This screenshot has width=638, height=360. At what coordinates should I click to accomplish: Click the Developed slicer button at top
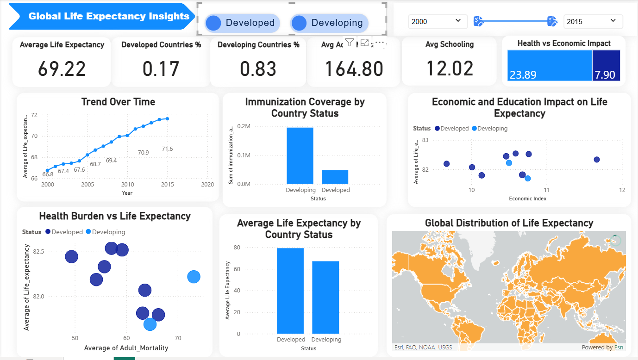pyautogui.click(x=243, y=23)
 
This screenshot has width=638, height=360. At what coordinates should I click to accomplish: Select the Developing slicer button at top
pyautogui.click(x=329, y=23)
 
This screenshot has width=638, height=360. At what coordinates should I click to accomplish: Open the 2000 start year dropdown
pyautogui.click(x=435, y=21)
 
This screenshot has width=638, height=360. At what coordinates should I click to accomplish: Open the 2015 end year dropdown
pyautogui.click(x=593, y=21)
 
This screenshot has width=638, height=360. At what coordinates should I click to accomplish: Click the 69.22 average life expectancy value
pyautogui.click(x=62, y=69)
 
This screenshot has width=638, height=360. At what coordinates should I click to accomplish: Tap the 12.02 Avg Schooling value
pyautogui.click(x=450, y=68)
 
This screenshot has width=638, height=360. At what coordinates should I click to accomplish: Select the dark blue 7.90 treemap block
pyautogui.click(x=606, y=66)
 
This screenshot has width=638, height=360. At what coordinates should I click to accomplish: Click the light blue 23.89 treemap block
pyautogui.click(x=549, y=66)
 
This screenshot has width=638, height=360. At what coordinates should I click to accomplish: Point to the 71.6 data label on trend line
pyautogui.click(x=167, y=149)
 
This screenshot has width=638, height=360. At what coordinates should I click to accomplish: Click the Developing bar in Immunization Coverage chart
pyautogui.click(x=300, y=156)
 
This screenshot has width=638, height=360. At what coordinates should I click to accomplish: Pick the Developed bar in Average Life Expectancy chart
pyautogui.click(x=290, y=291)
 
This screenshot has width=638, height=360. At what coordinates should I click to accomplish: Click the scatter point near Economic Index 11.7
pyautogui.click(x=596, y=160)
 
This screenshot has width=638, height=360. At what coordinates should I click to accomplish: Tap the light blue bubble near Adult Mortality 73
pyautogui.click(x=194, y=277)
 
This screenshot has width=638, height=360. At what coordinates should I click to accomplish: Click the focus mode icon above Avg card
pyautogui.click(x=364, y=43)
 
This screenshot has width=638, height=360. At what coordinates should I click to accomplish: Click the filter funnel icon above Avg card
pyautogui.click(x=350, y=43)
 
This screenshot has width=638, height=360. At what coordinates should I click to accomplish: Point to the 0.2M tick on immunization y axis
pyautogui.click(x=244, y=126)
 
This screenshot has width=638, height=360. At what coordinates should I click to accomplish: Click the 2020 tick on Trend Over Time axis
pyautogui.click(x=207, y=184)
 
